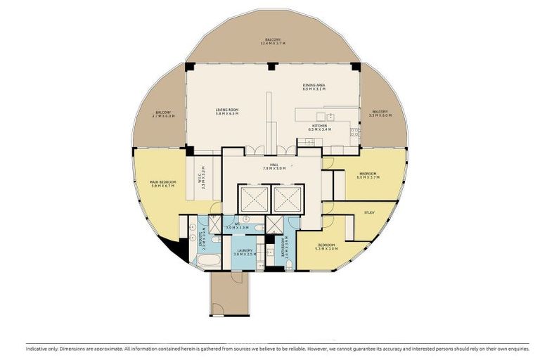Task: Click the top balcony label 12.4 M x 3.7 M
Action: [273, 41]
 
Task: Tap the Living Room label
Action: [227, 111]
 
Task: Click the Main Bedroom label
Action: [162, 184]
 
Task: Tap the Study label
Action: [369, 212]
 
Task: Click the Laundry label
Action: [245, 252]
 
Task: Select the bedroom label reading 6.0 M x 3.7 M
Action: [368, 175]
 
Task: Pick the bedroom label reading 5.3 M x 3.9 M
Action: [326, 247]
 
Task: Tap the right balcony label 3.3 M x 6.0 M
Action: [380, 114]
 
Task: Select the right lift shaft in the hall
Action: [287, 198]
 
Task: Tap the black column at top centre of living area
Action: [272, 66]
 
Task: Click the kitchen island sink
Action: [320, 117]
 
